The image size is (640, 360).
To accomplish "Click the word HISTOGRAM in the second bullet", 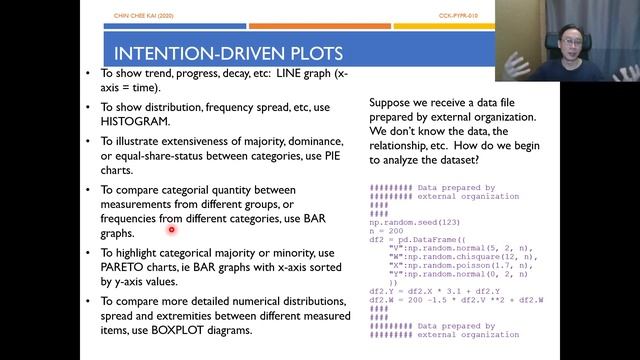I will point(132,118).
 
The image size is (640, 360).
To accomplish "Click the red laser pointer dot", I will point(171,229).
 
